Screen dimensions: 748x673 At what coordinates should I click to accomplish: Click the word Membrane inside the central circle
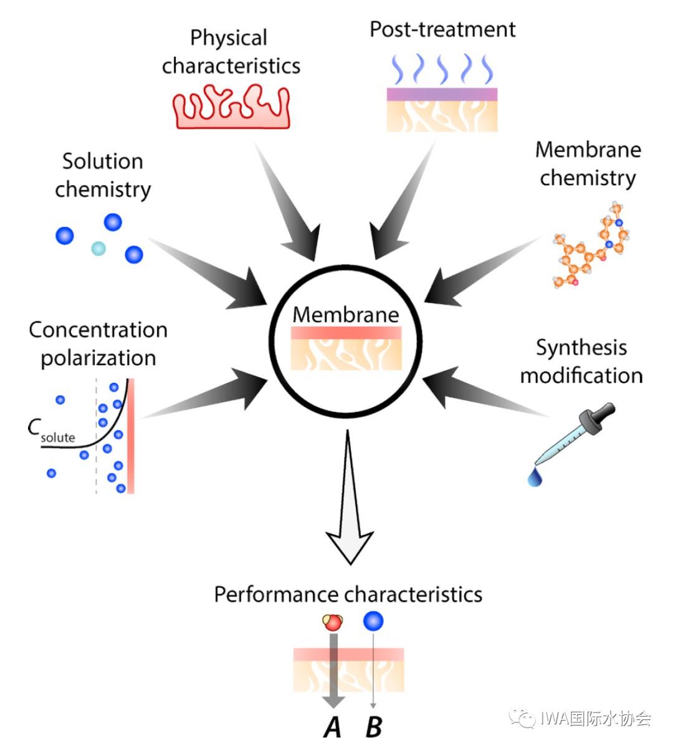pos(346,315)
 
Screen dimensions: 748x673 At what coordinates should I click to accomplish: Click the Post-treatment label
pos(442,29)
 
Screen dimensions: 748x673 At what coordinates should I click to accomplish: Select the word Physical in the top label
pos(229,37)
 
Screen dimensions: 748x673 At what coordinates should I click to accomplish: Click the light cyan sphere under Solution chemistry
pos(98,249)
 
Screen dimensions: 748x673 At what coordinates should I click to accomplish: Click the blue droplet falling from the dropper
pos(534,478)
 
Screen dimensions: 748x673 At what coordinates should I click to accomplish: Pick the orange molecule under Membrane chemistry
pos(589,249)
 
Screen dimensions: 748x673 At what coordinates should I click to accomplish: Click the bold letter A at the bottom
pos(333,727)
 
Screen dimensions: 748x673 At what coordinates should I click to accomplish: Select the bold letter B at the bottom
pos(373,727)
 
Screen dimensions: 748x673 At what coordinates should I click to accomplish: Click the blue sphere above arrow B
pos(373,620)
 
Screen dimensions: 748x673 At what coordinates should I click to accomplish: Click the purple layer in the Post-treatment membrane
pos(442,94)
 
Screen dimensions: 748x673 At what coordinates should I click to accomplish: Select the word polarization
pos(98,358)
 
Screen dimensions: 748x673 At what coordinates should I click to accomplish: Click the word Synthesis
pos(581,347)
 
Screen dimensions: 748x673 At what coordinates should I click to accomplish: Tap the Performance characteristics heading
pos(348,594)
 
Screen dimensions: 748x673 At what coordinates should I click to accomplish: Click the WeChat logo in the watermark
pos(522,718)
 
